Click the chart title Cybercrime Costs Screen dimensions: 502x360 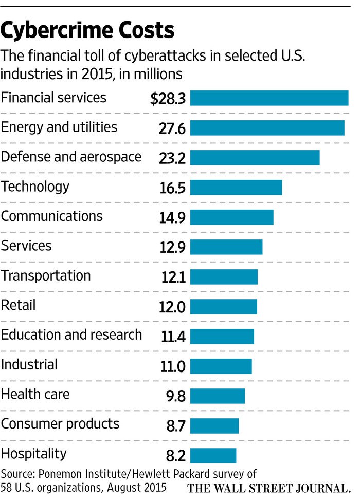87,31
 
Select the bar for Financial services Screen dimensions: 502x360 269,98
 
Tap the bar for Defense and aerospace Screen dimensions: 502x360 255,158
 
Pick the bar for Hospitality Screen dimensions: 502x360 213,456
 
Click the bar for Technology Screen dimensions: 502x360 237,188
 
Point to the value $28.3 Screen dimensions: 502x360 168,99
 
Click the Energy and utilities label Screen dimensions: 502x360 59,127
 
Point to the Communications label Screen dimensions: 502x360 52,216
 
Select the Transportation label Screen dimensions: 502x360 46,275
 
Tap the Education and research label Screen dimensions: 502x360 71,335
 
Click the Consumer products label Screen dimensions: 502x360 60,424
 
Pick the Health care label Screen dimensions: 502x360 35,395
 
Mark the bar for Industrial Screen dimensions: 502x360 222,366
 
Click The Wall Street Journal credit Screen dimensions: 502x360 268,487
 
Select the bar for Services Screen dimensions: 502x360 227,247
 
